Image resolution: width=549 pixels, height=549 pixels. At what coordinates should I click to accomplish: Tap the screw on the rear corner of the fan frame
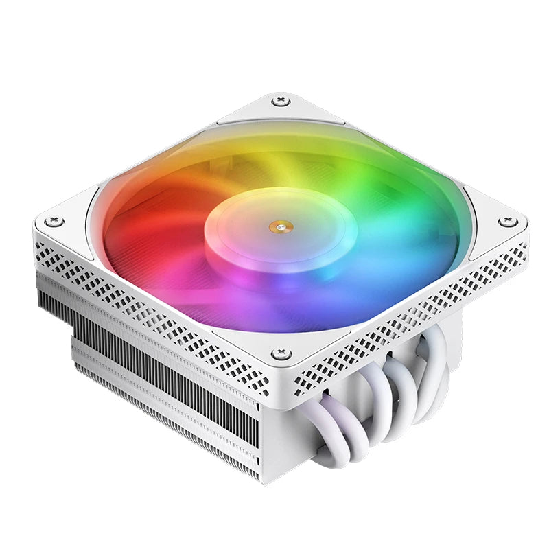tap(280, 102)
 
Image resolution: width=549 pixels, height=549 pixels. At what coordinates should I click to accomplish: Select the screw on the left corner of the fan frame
tap(55, 221)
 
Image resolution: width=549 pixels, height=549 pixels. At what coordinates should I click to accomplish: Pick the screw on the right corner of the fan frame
tap(506, 221)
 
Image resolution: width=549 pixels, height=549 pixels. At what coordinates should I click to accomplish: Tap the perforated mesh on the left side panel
tap(158, 309)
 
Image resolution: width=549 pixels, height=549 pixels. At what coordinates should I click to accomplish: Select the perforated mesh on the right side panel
tap(412, 316)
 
